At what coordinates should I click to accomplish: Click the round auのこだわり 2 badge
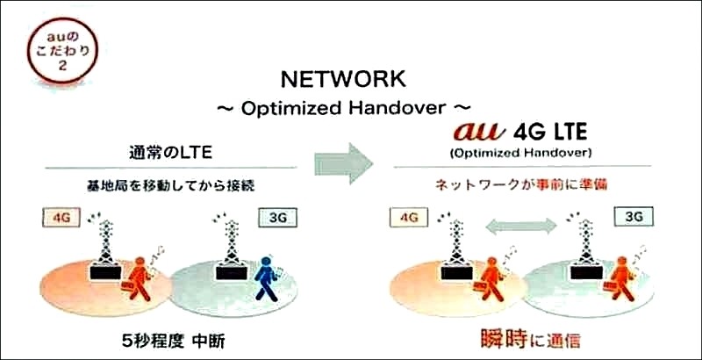pos(61,50)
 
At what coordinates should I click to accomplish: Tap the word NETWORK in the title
pos(343,80)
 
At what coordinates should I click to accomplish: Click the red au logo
pos(478,133)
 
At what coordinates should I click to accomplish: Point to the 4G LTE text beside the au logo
pos(549,133)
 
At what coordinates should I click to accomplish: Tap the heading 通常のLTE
pos(170,153)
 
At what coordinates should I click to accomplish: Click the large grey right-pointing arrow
pos(344,163)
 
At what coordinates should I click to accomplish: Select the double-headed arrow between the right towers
pos(521,227)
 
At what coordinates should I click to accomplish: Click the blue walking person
pos(268,278)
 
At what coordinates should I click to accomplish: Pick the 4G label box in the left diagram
pos(61,218)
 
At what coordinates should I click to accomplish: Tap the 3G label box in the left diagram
pos(278,218)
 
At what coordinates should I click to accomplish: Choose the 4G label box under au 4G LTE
pos(409,218)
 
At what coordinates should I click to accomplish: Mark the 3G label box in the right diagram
pos(634,217)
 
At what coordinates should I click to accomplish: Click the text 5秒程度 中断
pos(173,342)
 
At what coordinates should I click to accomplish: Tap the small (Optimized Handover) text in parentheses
pos(520,153)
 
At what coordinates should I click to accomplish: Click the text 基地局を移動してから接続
pos(170,186)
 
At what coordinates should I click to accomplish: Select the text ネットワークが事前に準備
pos(521,185)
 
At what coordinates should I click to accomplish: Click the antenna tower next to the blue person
pos(231,250)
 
